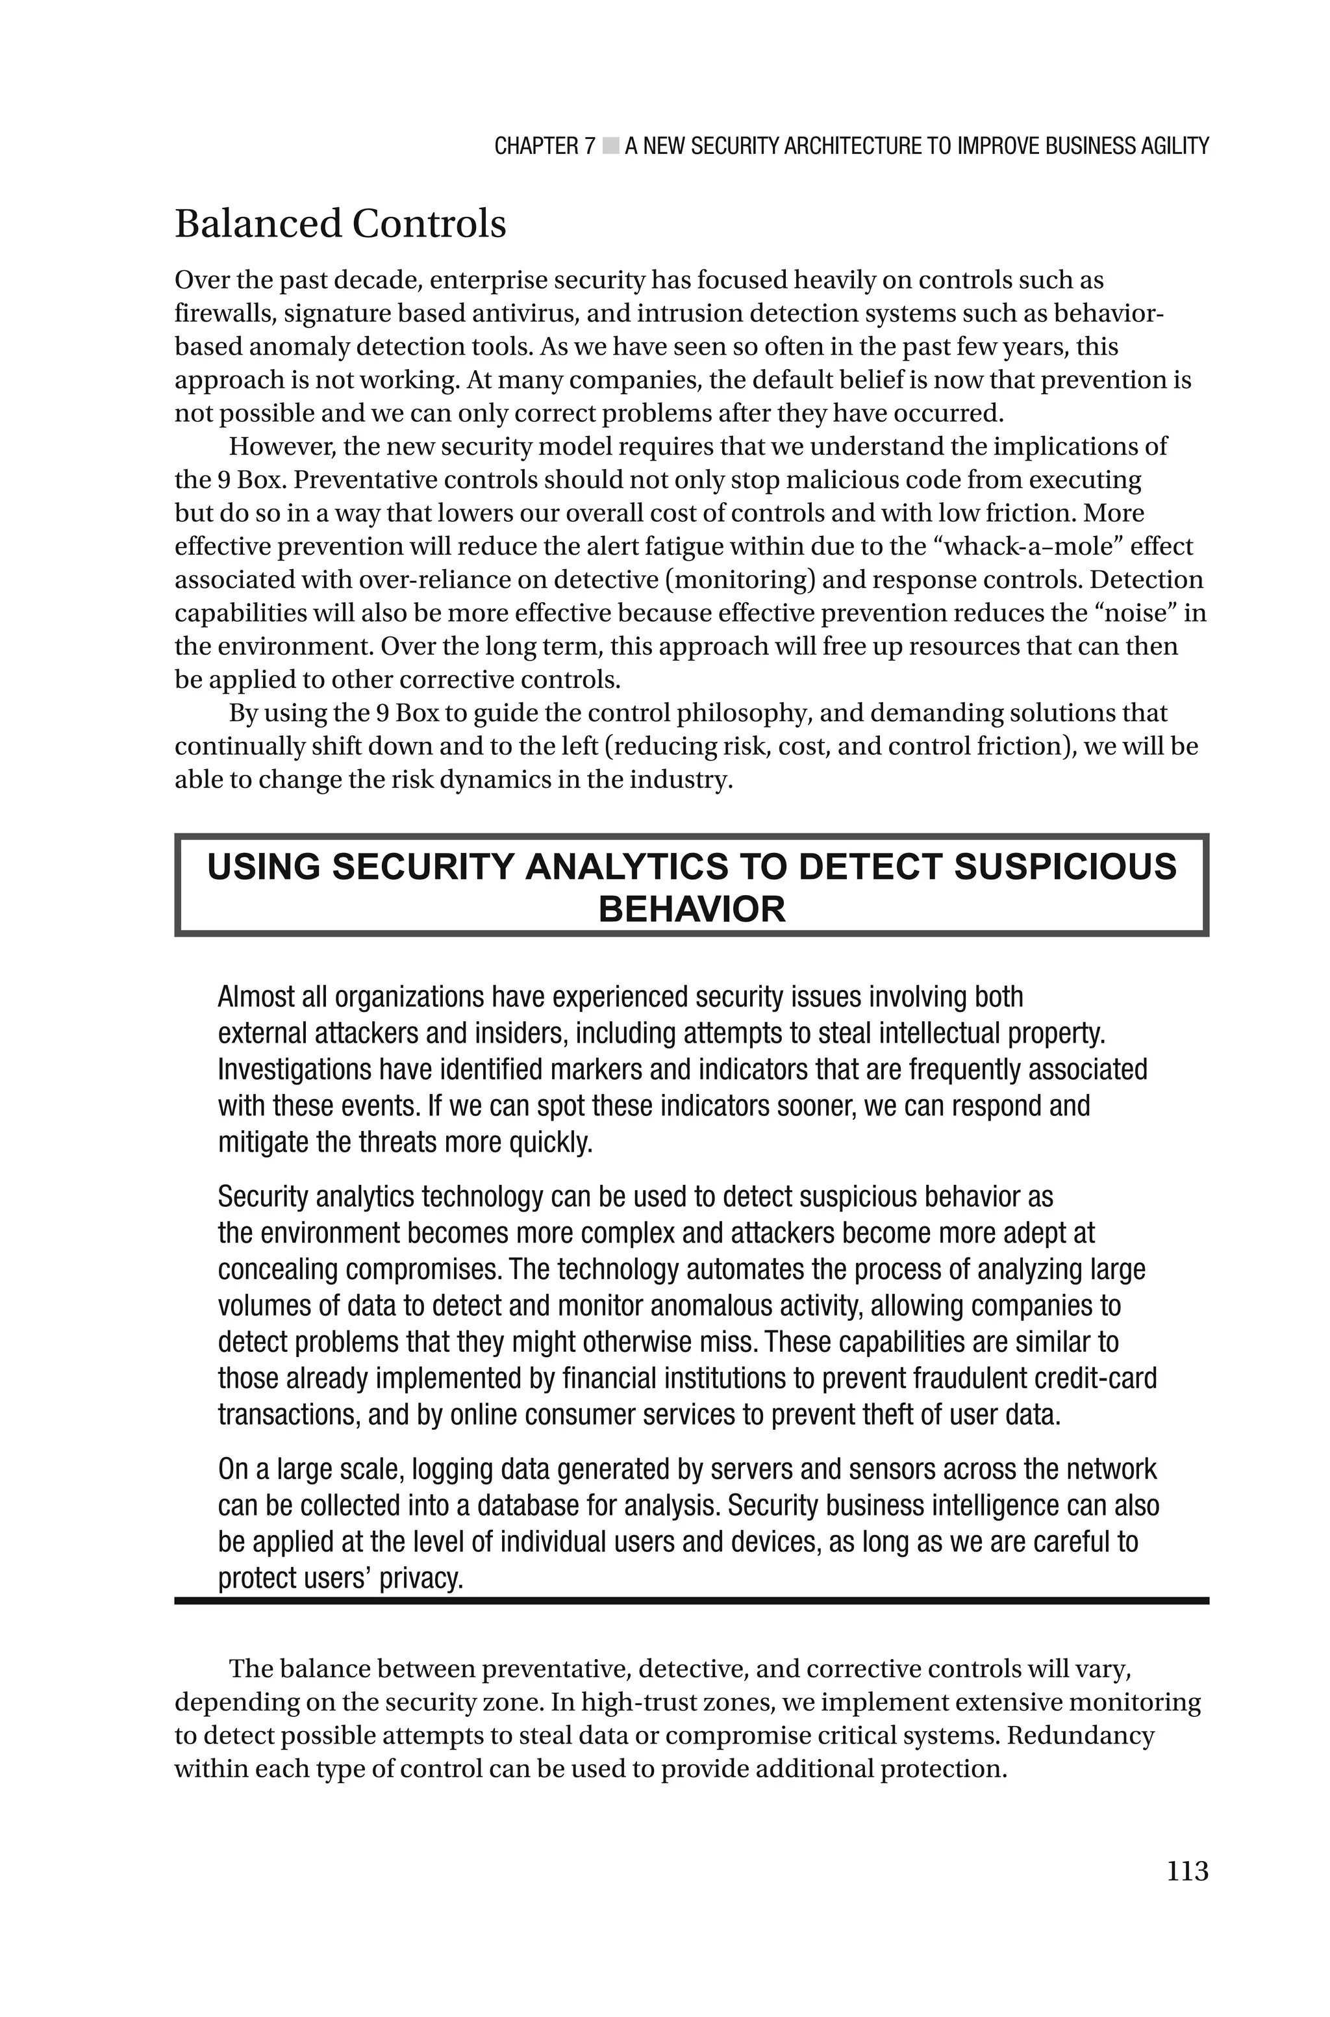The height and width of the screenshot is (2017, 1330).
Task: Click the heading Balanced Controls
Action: (340, 224)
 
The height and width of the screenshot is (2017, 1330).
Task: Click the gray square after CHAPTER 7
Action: (610, 146)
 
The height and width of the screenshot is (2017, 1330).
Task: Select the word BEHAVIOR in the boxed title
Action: (691, 909)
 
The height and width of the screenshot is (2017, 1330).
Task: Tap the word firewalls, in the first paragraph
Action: (225, 313)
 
